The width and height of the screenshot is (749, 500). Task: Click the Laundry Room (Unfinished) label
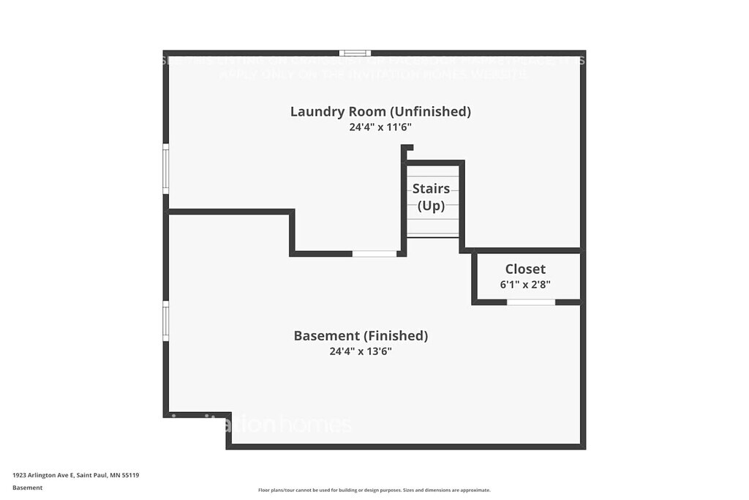[380, 111]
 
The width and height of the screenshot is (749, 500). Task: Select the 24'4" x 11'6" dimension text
[380, 127]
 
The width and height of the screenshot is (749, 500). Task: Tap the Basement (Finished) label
[361, 336]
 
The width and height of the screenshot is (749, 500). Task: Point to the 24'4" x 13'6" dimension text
[361, 351]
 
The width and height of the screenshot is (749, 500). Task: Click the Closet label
[525, 269]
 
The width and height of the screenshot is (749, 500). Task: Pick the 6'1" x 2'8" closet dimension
[525, 284]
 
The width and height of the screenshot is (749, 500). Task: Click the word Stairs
[431, 188]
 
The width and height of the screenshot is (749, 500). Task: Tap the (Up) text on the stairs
[431, 206]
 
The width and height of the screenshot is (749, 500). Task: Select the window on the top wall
[355, 53]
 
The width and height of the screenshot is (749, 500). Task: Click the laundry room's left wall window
[166, 169]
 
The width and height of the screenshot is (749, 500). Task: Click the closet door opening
[531, 302]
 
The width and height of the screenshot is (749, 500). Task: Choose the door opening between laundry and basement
[374, 253]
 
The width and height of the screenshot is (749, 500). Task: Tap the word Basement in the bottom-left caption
[27, 488]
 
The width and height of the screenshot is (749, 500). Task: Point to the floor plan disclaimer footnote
[374, 490]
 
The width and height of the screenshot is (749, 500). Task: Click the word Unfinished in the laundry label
[429, 111]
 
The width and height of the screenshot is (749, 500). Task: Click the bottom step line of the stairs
[432, 234]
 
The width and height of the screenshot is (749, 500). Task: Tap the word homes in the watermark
[316, 425]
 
